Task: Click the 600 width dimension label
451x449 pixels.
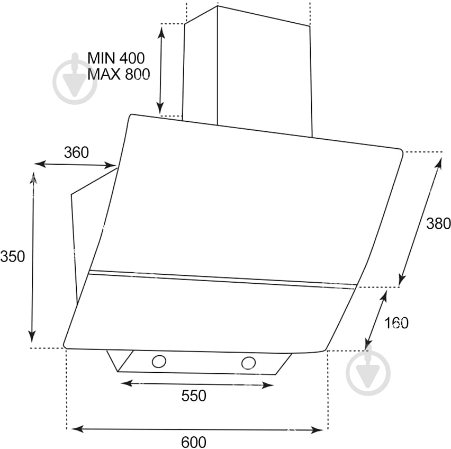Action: tap(194, 442)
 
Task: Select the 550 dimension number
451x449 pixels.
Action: tap(194, 396)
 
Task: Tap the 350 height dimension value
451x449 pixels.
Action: tap(12, 256)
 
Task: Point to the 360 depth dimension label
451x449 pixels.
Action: tap(76, 152)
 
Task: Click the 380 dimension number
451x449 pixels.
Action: tap(438, 223)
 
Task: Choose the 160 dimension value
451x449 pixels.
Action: tap(396, 323)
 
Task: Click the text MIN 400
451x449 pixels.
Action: tap(116, 58)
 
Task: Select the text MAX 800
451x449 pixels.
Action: tap(119, 74)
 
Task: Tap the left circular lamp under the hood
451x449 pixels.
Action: tap(159, 361)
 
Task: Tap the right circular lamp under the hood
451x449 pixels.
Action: tap(248, 363)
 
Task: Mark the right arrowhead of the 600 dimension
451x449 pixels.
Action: tap(317, 430)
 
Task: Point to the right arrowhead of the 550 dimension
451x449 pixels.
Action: tap(268, 385)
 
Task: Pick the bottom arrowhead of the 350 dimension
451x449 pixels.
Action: tap(32, 337)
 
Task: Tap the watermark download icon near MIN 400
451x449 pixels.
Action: tap(75, 78)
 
